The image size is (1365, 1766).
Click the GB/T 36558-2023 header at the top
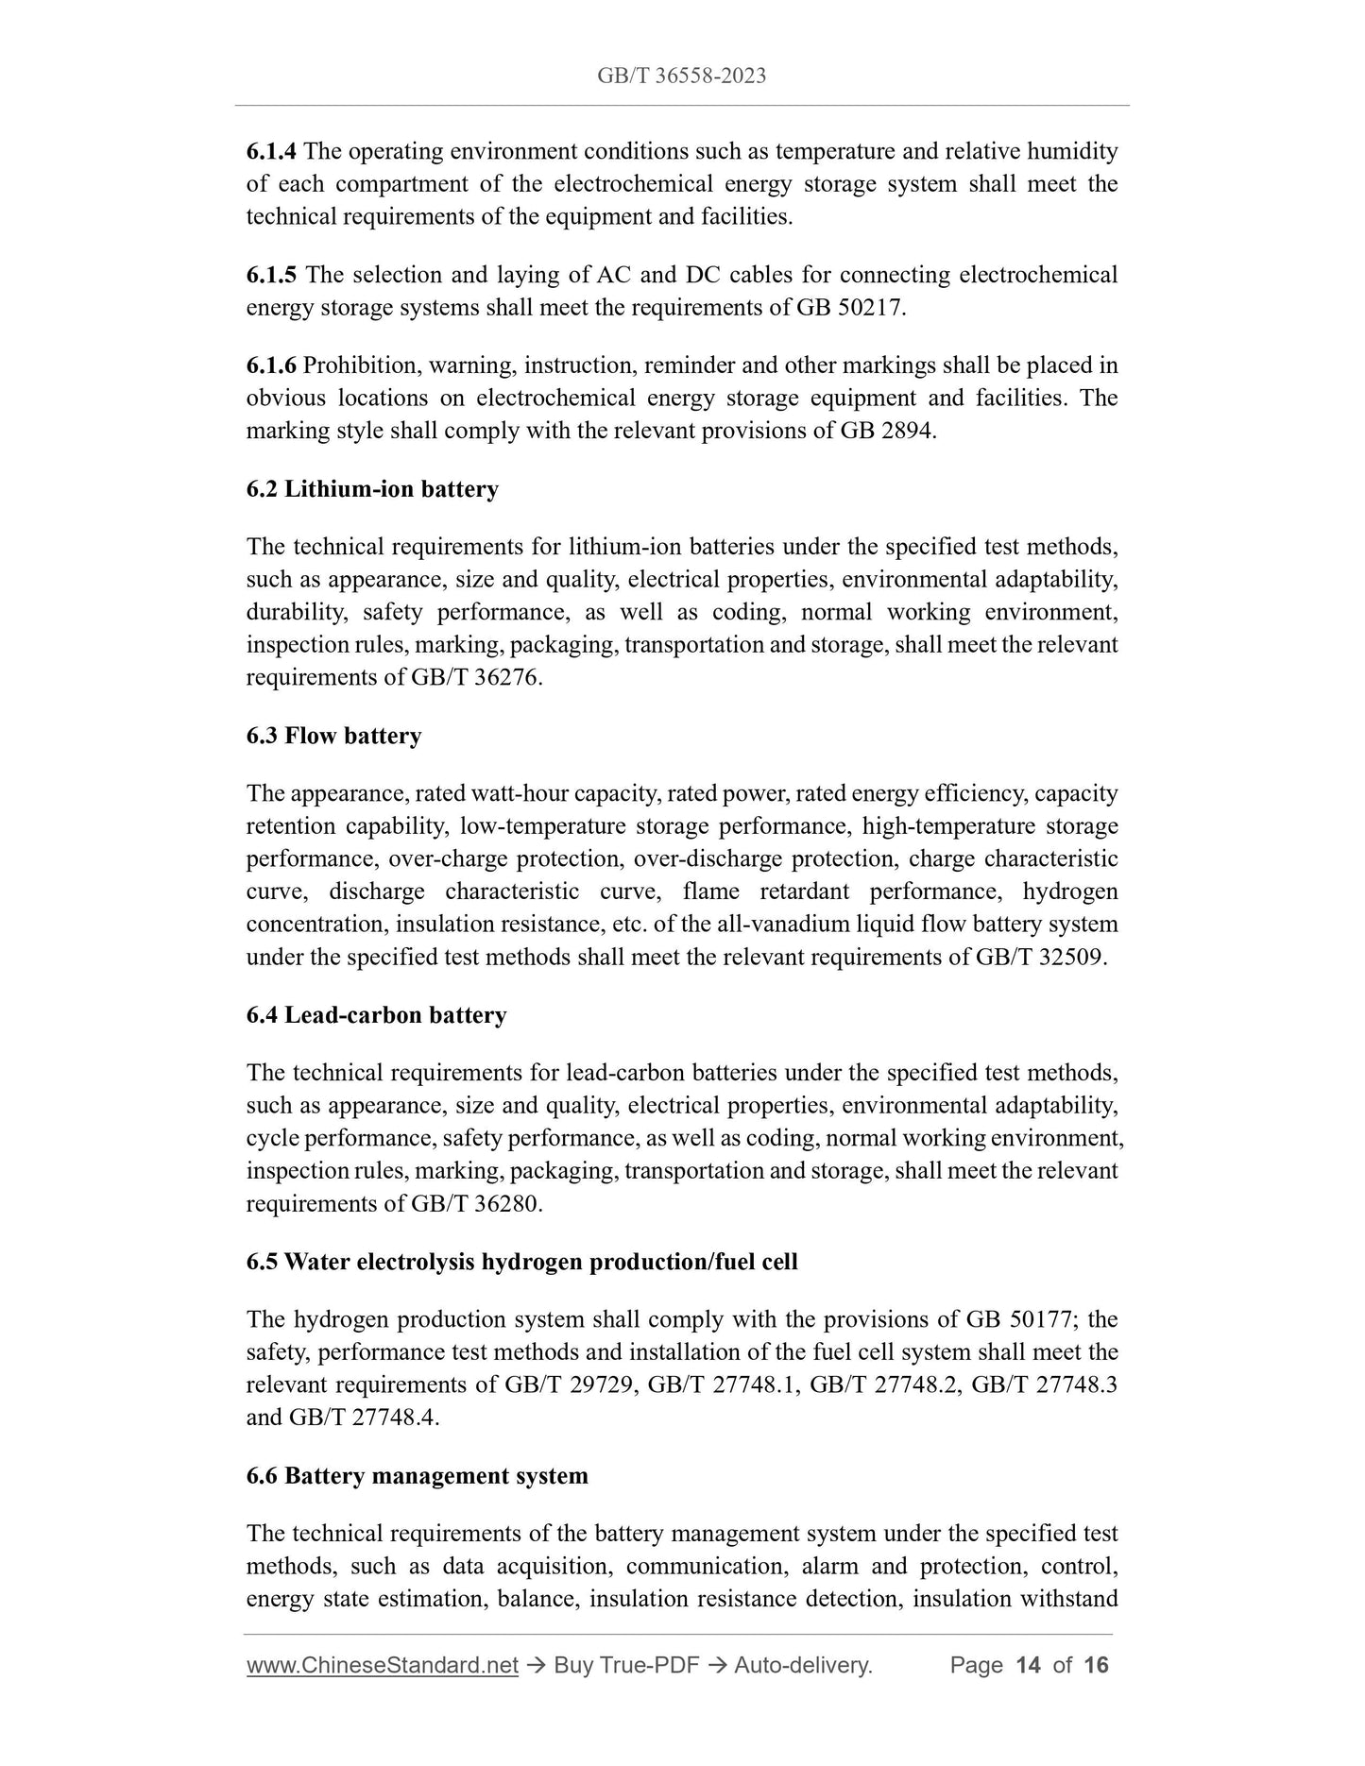click(x=681, y=76)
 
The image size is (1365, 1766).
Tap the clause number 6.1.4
click(x=271, y=151)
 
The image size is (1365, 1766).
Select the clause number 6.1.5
click(x=271, y=275)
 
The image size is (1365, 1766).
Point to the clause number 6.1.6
click(x=271, y=365)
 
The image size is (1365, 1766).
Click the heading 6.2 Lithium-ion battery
click(x=372, y=489)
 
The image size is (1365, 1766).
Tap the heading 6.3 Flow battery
click(x=333, y=736)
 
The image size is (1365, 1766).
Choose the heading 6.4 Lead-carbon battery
click(x=376, y=1015)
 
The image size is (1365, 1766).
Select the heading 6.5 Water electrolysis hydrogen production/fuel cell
click(x=521, y=1262)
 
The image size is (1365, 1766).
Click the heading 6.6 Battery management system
click(x=417, y=1475)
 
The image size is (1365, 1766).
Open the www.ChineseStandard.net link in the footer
click(x=383, y=1665)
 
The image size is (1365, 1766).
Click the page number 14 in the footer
click(x=1027, y=1665)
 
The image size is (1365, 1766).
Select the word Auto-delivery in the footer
click(x=802, y=1665)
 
